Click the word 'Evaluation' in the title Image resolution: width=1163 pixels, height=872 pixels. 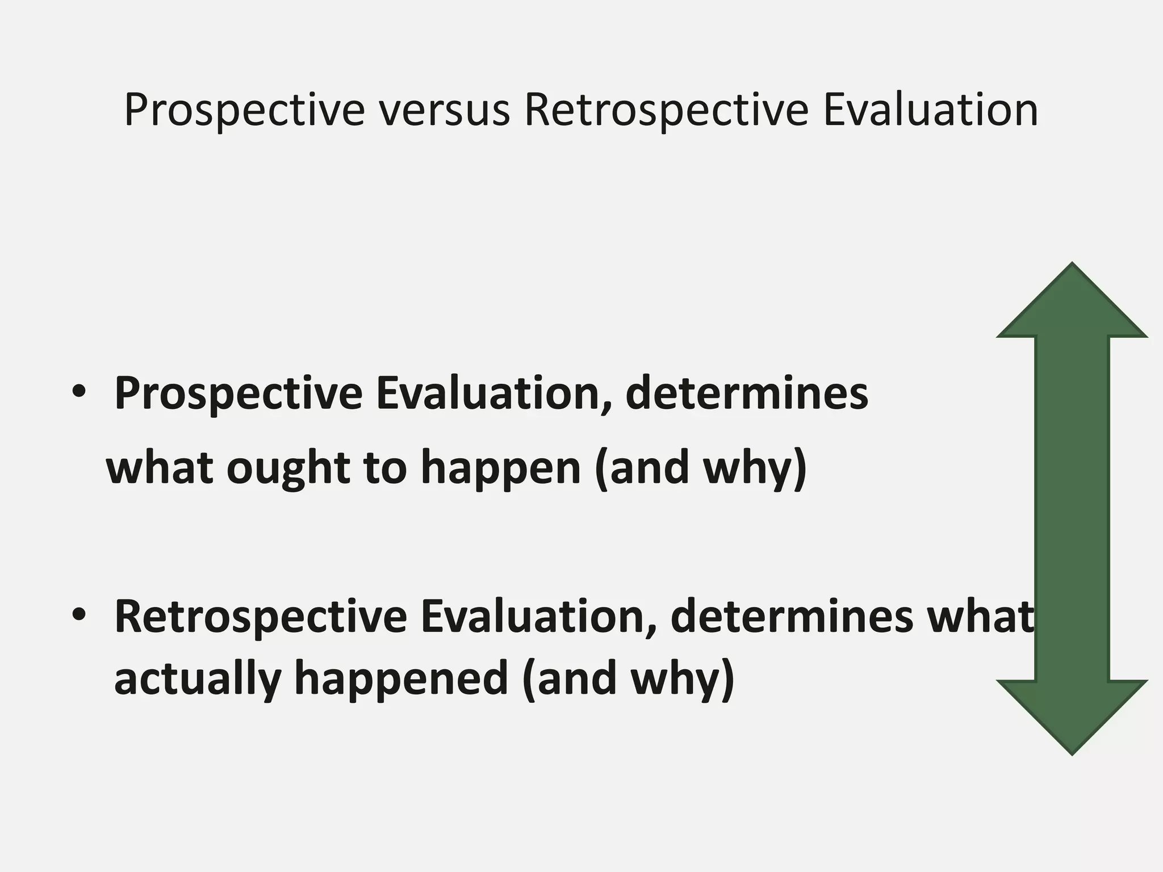(930, 110)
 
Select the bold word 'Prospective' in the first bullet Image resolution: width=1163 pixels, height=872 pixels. (238, 395)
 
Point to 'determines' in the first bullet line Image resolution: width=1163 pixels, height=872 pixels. (746, 393)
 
